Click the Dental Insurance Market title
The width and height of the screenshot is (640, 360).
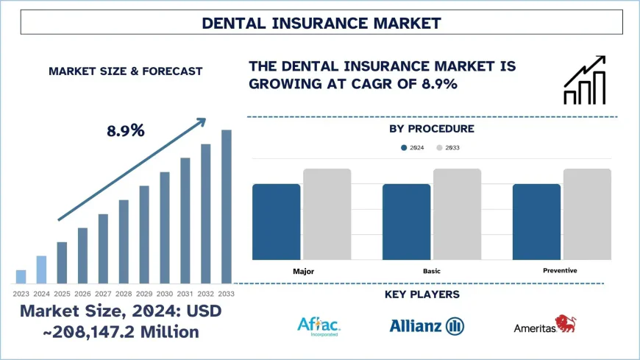point(320,23)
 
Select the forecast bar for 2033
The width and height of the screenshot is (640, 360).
point(227,207)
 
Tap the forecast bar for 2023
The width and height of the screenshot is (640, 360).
point(21,276)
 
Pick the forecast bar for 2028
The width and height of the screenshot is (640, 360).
point(124,241)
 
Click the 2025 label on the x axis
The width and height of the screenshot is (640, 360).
point(62,294)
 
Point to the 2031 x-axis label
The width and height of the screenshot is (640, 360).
point(185,294)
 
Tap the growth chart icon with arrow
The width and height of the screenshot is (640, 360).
point(584,79)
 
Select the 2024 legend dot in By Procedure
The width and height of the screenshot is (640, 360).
point(404,148)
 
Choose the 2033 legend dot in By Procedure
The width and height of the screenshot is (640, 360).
point(440,148)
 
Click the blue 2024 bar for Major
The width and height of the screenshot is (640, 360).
point(276,222)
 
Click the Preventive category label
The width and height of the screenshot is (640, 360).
point(561,270)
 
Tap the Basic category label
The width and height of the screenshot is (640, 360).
point(432,271)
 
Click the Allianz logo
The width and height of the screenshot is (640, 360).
point(426,325)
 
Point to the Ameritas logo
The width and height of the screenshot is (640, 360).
point(545,325)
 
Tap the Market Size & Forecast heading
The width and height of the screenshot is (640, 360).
point(125,71)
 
